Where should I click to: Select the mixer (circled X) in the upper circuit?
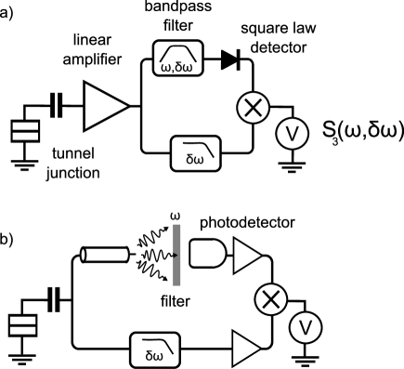pos(252,109)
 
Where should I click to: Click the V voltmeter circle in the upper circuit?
pos(292,135)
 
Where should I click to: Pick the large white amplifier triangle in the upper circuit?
pos(102,106)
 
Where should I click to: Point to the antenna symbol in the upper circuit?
pos(56,102)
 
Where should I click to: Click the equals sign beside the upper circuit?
pos(25,131)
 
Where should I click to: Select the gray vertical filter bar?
pos(176,255)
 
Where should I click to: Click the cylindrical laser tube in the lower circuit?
pos(104,254)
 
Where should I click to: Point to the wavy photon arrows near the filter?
pos(151,260)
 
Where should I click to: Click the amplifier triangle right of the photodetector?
pos(246,256)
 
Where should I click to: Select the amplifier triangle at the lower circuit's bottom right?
pos(246,349)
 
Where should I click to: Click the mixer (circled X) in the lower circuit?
pos(270,299)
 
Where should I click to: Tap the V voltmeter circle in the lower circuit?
pos(305,327)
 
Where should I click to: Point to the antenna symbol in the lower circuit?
pos(53,297)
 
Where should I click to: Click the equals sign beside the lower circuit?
pos(22,325)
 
